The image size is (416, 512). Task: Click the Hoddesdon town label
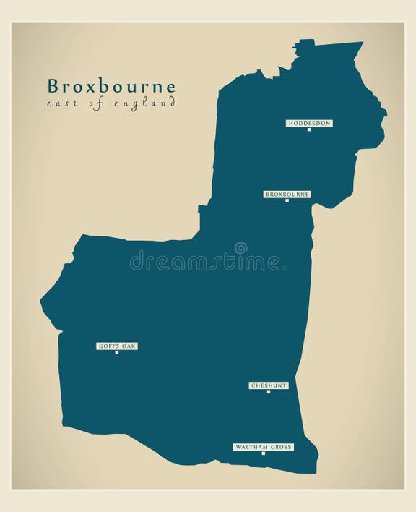click(308, 124)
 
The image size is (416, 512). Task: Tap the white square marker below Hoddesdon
click(308, 130)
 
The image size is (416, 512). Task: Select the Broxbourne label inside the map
click(287, 195)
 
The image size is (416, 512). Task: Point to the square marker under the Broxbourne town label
click(287, 201)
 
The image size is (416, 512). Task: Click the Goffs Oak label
click(116, 346)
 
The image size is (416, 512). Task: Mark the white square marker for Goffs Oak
click(116, 353)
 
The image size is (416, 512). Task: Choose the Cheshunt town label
click(269, 385)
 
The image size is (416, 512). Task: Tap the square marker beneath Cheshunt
click(269, 392)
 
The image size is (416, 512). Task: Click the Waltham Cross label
click(263, 448)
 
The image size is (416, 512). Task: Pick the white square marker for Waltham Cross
click(263, 454)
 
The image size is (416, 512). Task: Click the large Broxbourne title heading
click(111, 86)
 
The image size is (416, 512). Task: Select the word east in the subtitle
click(60, 104)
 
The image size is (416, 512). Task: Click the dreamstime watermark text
click(207, 261)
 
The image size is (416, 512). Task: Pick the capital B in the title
click(53, 86)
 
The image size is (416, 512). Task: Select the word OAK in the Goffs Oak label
click(128, 346)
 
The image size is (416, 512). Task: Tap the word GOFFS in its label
click(108, 346)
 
